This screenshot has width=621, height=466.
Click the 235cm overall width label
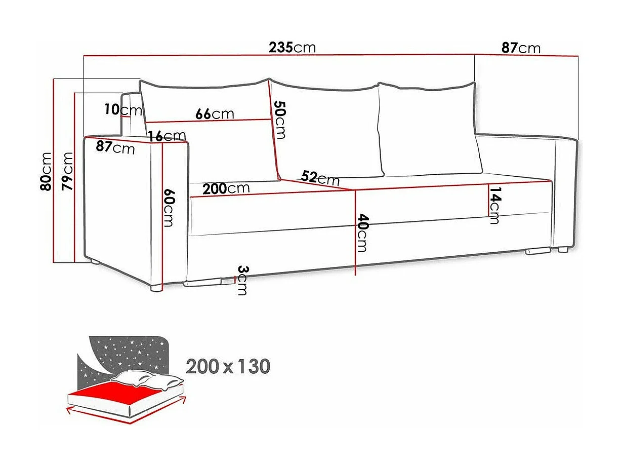point(292,48)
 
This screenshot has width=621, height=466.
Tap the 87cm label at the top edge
point(521,48)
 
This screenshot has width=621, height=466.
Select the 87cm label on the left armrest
point(115,147)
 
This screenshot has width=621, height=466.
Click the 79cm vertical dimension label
point(67,171)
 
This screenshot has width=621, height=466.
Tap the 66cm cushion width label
point(215,113)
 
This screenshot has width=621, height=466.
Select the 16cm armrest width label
point(168,135)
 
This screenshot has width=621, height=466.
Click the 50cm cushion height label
point(280,120)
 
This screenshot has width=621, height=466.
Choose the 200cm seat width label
point(226,188)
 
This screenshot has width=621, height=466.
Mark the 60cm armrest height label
point(169,208)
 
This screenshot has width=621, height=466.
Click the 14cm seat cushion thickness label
point(494,205)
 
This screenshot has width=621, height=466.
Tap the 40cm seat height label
point(363,233)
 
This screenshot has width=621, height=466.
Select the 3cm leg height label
point(242,280)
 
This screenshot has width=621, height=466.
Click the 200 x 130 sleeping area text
point(228,366)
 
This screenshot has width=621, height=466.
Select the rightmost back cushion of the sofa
point(430,129)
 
